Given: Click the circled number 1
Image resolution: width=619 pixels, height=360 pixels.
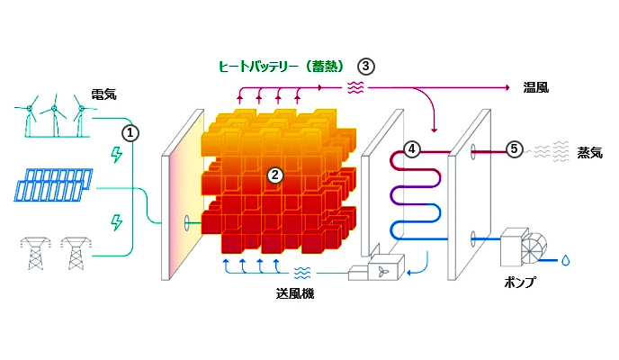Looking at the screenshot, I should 131,132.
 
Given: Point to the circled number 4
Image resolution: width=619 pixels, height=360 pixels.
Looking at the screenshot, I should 411,148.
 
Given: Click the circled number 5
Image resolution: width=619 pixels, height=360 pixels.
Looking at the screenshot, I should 514,148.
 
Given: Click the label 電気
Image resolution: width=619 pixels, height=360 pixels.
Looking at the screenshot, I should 103,94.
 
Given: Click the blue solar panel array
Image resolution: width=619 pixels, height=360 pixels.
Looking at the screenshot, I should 52,184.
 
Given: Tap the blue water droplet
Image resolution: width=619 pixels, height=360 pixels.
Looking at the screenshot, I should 565,260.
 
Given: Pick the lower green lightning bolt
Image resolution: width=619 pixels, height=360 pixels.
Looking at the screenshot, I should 115,220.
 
